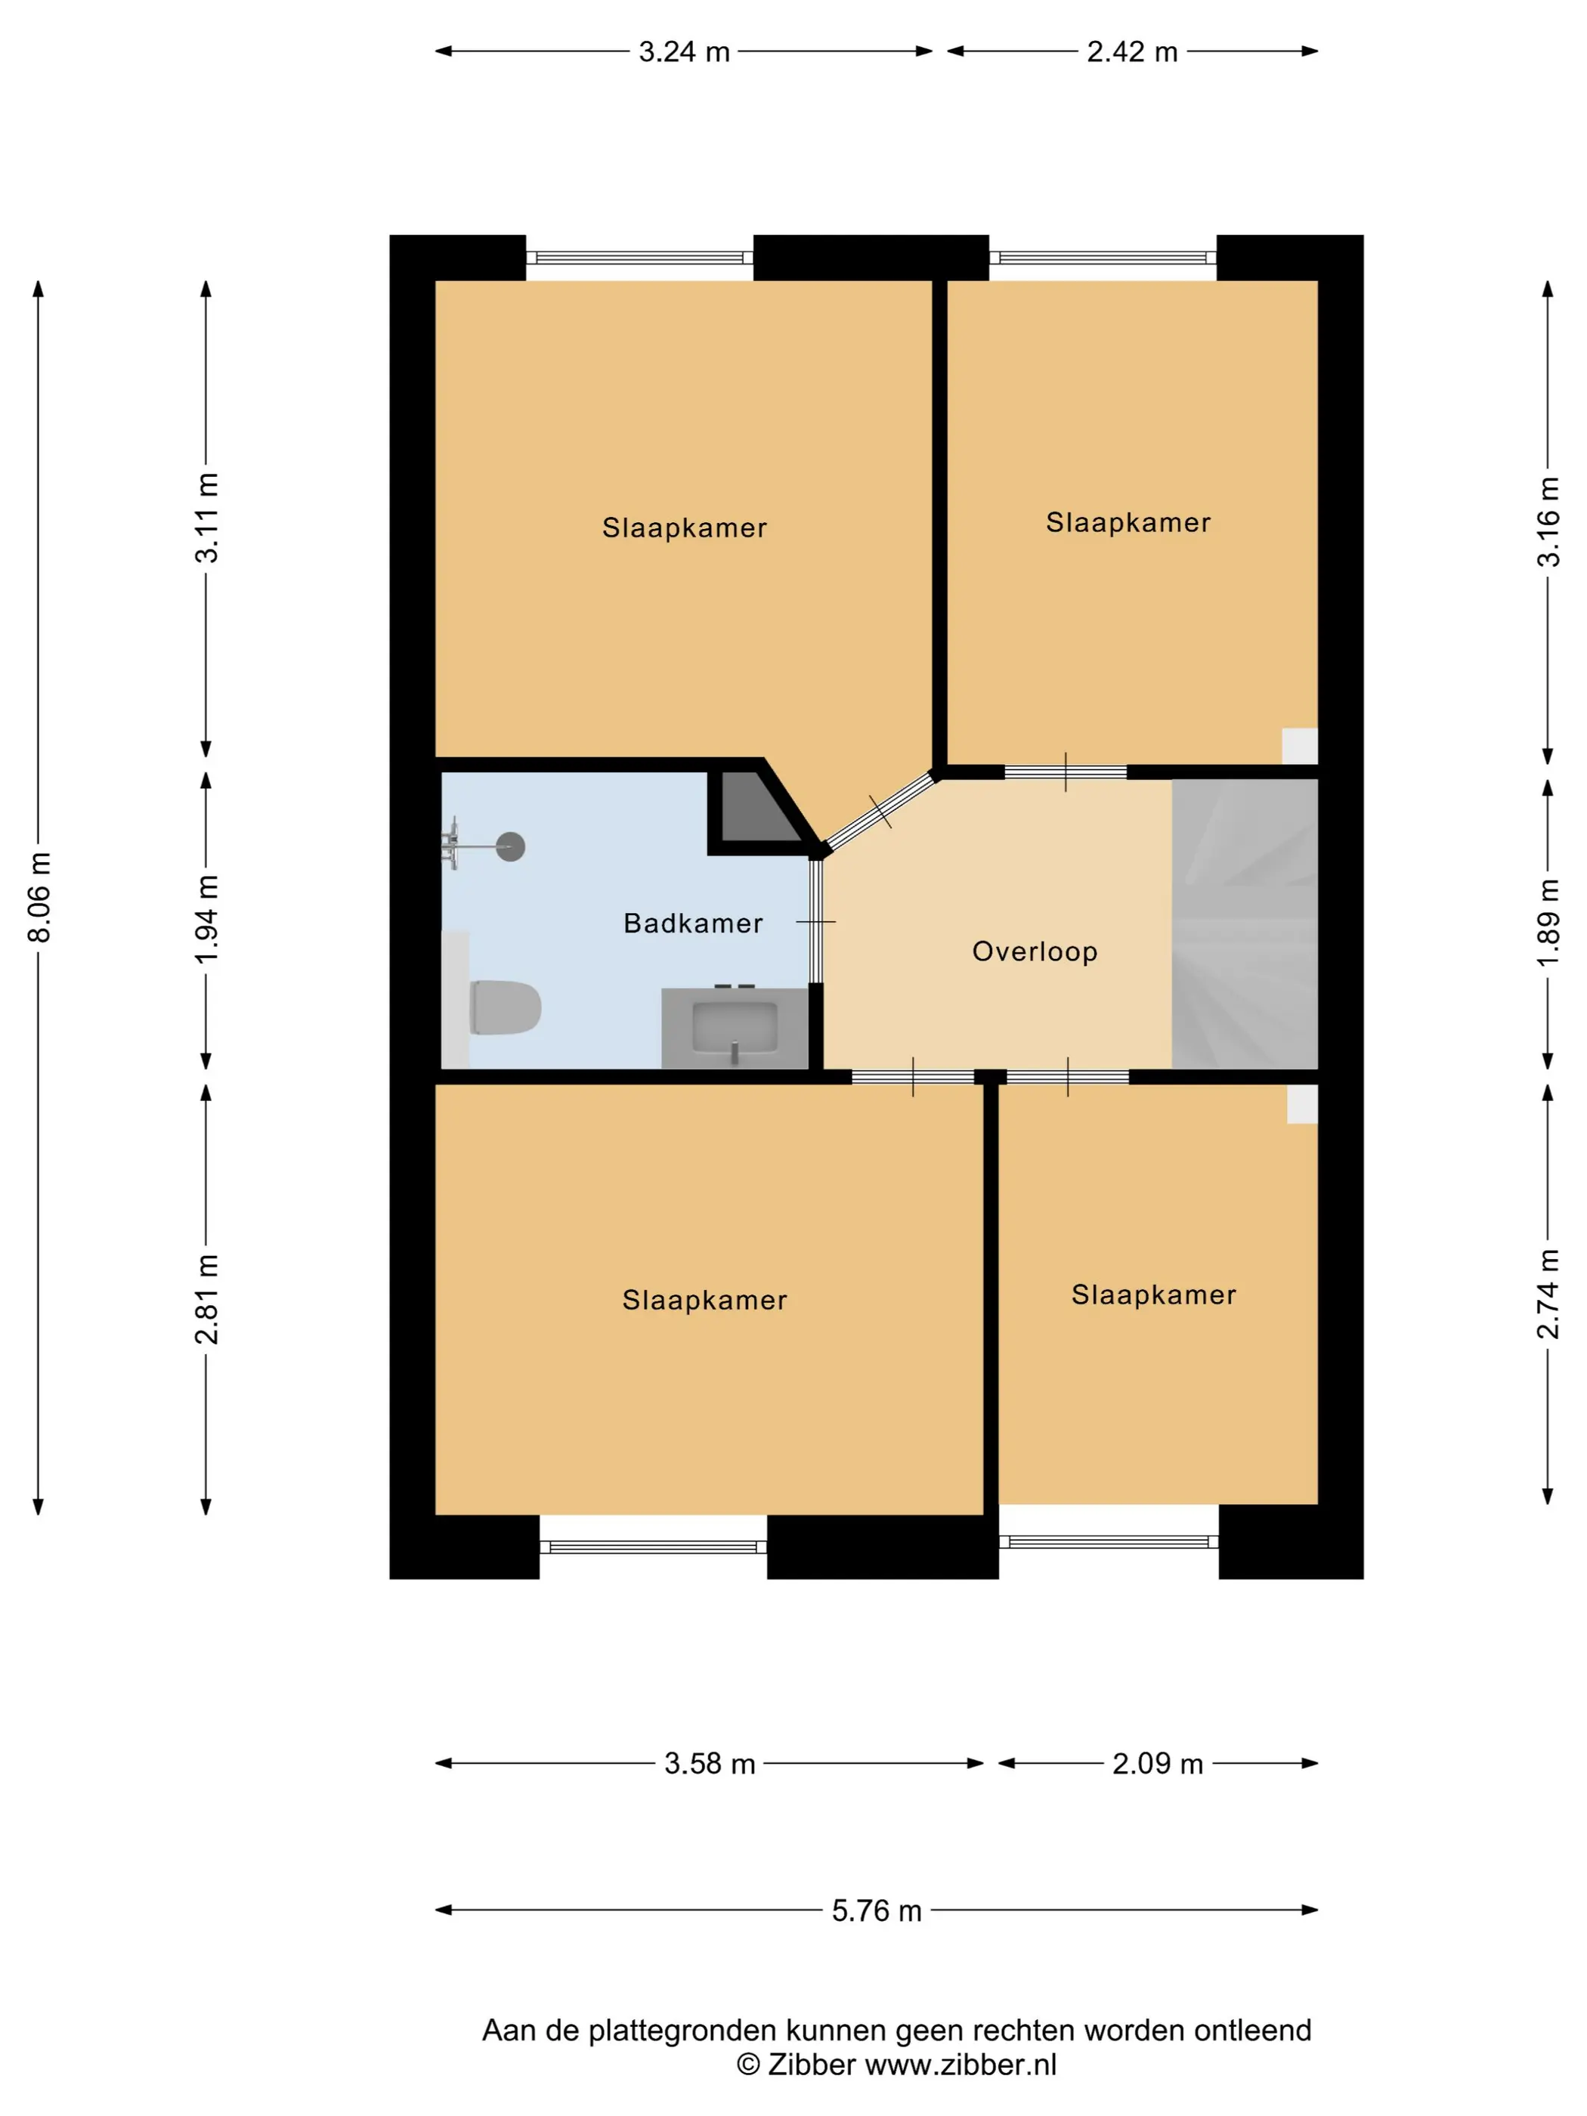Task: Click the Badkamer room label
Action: (692, 923)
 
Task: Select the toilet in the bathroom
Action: (504, 1007)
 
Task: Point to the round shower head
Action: (511, 846)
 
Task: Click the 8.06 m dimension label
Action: (39, 897)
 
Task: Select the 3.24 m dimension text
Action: (684, 51)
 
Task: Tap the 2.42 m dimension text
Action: (1131, 51)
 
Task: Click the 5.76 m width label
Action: (876, 1910)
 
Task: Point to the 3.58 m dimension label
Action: (710, 1763)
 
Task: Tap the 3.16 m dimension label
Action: (1548, 522)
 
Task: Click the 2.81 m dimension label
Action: (206, 1298)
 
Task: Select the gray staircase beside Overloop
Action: (1245, 923)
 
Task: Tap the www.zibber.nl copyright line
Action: (896, 2065)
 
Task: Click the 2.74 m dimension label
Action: (1548, 1293)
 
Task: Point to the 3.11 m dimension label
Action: (206, 518)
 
